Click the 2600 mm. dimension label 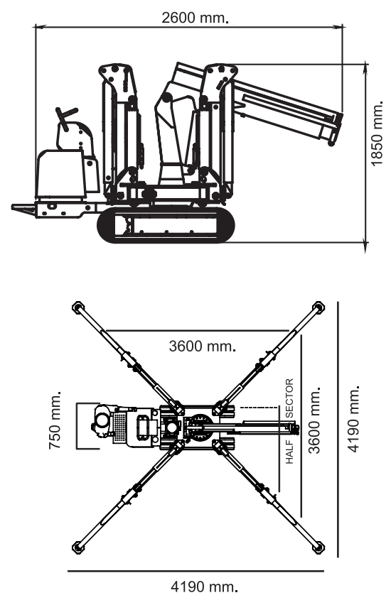coord(194,18)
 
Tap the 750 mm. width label coord(55,420)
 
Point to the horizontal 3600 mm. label coord(202,346)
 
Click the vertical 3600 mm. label coord(314,420)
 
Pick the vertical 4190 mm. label coord(353,418)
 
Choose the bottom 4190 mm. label coord(203,587)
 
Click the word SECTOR coord(289,398)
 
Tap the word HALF coord(289,452)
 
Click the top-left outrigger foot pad coord(78,307)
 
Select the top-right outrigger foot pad coord(318,307)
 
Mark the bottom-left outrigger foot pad coord(78,547)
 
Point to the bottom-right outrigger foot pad coord(318,547)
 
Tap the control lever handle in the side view coord(66,114)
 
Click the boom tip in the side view coord(336,128)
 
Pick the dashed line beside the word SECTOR coord(259,407)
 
